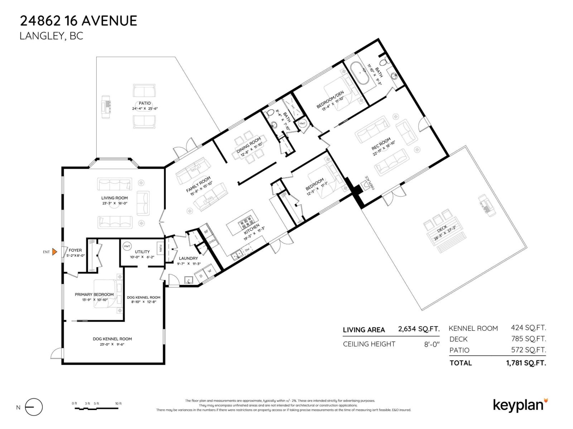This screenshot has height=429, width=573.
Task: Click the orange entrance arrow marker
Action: coord(54,252)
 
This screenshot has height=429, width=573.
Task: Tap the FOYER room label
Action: coord(75,250)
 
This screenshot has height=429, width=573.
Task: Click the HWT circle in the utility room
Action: coord(127,246)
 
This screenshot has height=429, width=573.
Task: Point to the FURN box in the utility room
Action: coord(160,248)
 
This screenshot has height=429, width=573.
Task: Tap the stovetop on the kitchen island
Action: coord(246,223)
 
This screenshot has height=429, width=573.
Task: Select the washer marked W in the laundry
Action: coord(210,271)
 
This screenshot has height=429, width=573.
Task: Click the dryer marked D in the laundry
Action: coord(201,276)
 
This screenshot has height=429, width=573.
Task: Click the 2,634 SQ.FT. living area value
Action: coord(419,329)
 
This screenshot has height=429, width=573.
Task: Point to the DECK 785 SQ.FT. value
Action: coord(528,339)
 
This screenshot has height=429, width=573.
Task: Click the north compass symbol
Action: coord(34,407)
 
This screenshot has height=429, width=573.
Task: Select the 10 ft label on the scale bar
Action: coord(118,404)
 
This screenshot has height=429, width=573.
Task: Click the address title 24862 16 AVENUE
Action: coord(78,21)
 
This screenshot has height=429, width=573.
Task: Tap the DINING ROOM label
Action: coord(248,143)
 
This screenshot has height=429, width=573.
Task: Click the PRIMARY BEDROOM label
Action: coord(94,295)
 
